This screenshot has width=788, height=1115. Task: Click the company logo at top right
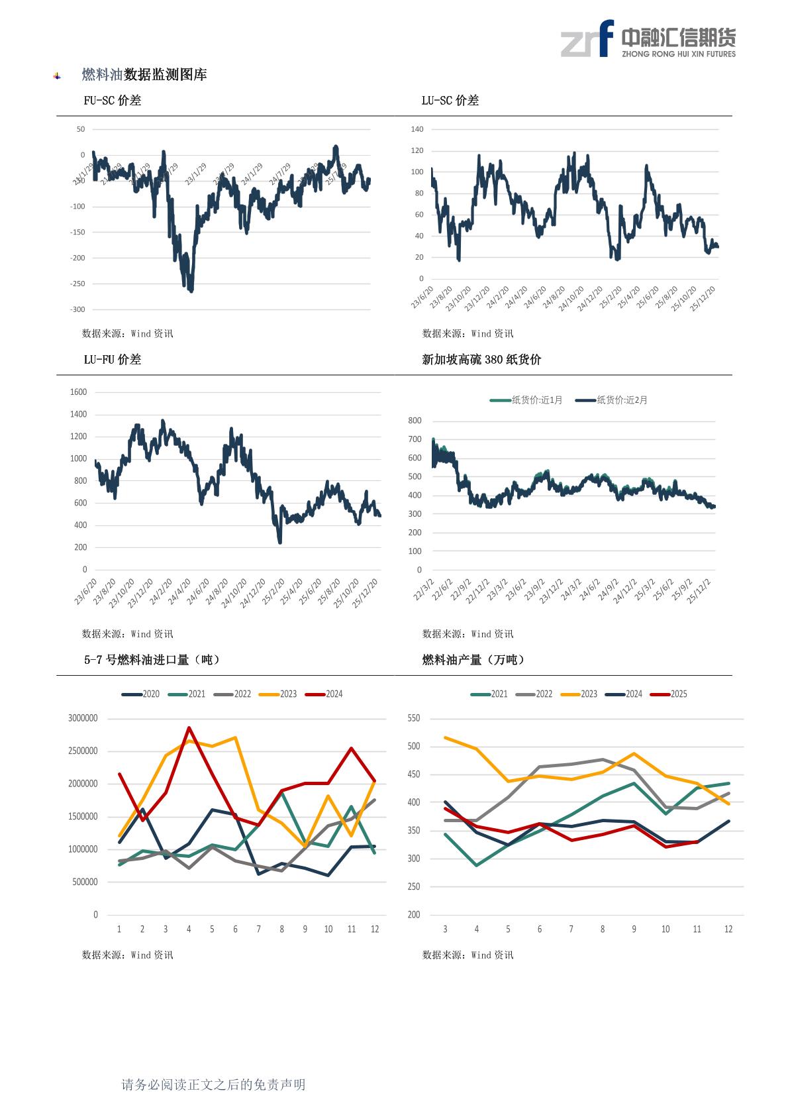(x=648, y=39)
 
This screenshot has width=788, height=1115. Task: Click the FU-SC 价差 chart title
(x=112, y=101)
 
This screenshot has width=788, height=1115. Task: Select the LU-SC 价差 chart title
(x=450, y=101)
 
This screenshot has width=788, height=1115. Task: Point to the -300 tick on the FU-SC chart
(x=78, y=309)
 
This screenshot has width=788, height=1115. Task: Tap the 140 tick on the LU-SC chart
(x=417, y=129)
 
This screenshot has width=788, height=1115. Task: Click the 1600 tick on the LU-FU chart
(x=78, y=392)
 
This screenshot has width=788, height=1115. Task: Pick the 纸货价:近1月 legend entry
(x=526, y=400)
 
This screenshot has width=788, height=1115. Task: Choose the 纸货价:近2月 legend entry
(x=612, y=400)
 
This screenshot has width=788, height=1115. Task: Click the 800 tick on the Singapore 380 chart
(x=415, y=421)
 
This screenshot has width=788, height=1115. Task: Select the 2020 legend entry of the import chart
(x=141, y=694)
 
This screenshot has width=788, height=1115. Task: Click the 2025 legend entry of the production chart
(x=669, y=694)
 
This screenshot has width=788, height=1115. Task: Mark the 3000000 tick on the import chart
(x=83, y=718)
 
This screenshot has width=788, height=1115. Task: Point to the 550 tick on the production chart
(x=414, y=718)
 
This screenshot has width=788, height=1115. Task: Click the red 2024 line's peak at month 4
(x=189, y=728)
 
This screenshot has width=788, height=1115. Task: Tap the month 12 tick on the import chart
(x=375, y=929)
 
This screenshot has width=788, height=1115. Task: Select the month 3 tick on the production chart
(x=445, y=929)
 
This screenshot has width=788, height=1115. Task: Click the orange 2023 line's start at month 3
(x=445, y=737)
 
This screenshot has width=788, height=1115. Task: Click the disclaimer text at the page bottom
(x=213, y=1085)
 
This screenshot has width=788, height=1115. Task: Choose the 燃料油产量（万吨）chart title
(x=473, y=660)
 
